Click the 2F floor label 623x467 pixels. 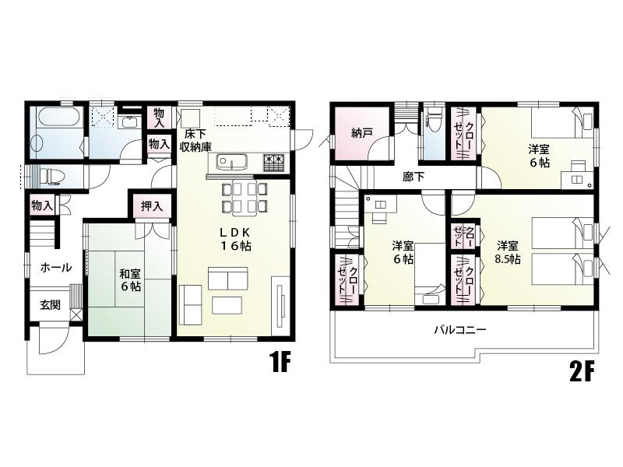point(582,372)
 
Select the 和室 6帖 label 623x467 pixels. point(130,280)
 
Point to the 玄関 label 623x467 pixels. point(51,305)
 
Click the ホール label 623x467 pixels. point(55,267)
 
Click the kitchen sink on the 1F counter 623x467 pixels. point(232,163)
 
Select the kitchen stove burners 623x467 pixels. point(275,162)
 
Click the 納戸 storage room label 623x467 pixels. point(362,133)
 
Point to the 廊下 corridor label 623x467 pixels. point(414,177)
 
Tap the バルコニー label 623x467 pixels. point(460,329)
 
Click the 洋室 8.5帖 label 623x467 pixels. point(508,253)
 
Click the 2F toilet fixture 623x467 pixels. point(434,124)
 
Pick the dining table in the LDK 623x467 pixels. point(245,197)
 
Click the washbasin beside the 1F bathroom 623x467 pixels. point(128,122)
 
